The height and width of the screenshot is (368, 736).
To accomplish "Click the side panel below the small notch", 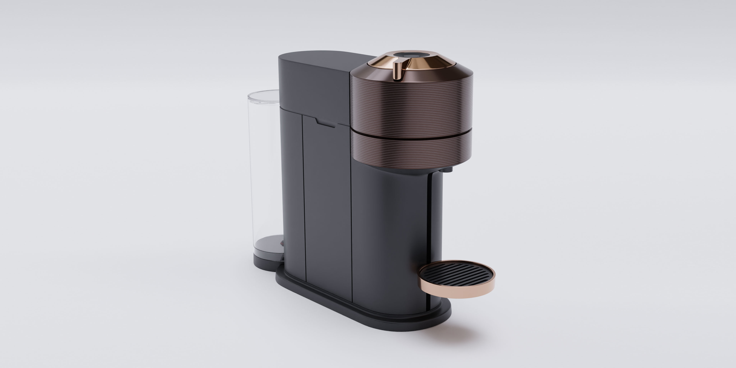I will coord(327,200).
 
